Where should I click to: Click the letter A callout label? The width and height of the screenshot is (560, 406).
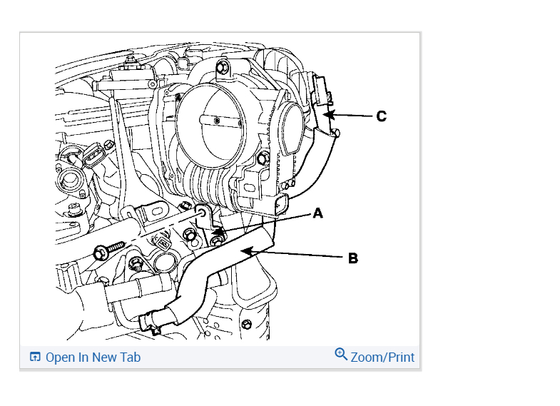pyautogui.click(x=318, y=213)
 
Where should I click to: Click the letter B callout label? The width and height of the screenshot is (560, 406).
pyautogui.click(x=352, y=258)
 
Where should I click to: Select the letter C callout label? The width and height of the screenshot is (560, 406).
pyautogui.click(x=382, y=116)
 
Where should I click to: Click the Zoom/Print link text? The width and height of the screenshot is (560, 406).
pyautogui.click(x=382, y=357)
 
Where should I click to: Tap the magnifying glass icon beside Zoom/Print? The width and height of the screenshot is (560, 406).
pyautogui.click(x=341, y=354)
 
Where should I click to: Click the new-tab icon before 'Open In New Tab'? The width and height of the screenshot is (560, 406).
pyautogui.click(x=35, y=357)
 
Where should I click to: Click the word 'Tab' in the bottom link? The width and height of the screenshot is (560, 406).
pyautogui.click(x=130, y=357)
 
